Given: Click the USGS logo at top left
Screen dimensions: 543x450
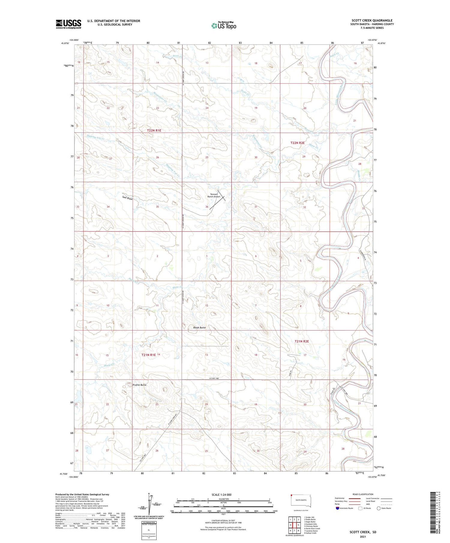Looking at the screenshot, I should pos(68,24).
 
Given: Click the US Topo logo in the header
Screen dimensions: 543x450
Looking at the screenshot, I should pos(224,25).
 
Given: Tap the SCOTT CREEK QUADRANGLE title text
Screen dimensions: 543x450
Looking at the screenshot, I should pos(372,20).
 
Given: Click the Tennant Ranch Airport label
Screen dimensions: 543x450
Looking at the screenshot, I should pos(214,196).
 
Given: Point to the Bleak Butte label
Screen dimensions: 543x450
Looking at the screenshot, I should pos(199,327).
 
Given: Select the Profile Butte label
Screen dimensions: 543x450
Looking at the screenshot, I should pos(139,385).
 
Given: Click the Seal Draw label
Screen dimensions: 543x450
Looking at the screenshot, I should pos(127,198).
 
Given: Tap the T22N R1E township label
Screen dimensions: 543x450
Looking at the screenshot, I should pos(154,130).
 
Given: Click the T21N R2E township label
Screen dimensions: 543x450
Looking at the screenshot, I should pos(301,341).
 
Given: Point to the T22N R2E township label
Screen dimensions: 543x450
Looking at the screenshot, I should pos(297,143).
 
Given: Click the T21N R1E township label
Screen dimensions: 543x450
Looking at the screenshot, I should pos(149,355).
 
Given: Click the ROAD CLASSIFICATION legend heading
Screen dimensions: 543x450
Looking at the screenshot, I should pos(363,494).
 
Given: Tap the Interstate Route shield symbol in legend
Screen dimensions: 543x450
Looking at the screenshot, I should pos(337,508).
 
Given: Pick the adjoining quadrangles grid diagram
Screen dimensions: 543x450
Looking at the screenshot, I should pos(295,526).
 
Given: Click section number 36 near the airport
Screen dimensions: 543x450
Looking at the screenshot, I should pos(207,207).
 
